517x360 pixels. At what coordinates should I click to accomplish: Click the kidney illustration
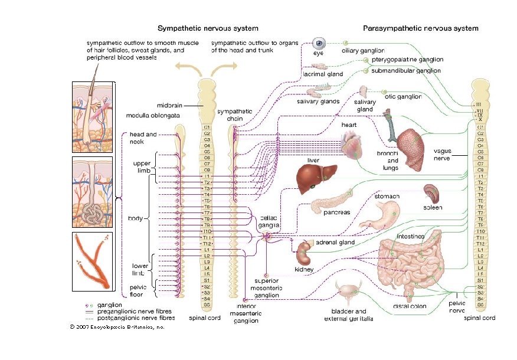coord(305,253)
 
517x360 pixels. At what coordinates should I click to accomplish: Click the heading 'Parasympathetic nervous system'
coord(420,28)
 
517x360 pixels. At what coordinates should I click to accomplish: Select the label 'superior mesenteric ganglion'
coord(266,288)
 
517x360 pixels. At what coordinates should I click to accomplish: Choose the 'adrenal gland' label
coord(335,242)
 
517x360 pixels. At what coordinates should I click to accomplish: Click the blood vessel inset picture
coord(91,261)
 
